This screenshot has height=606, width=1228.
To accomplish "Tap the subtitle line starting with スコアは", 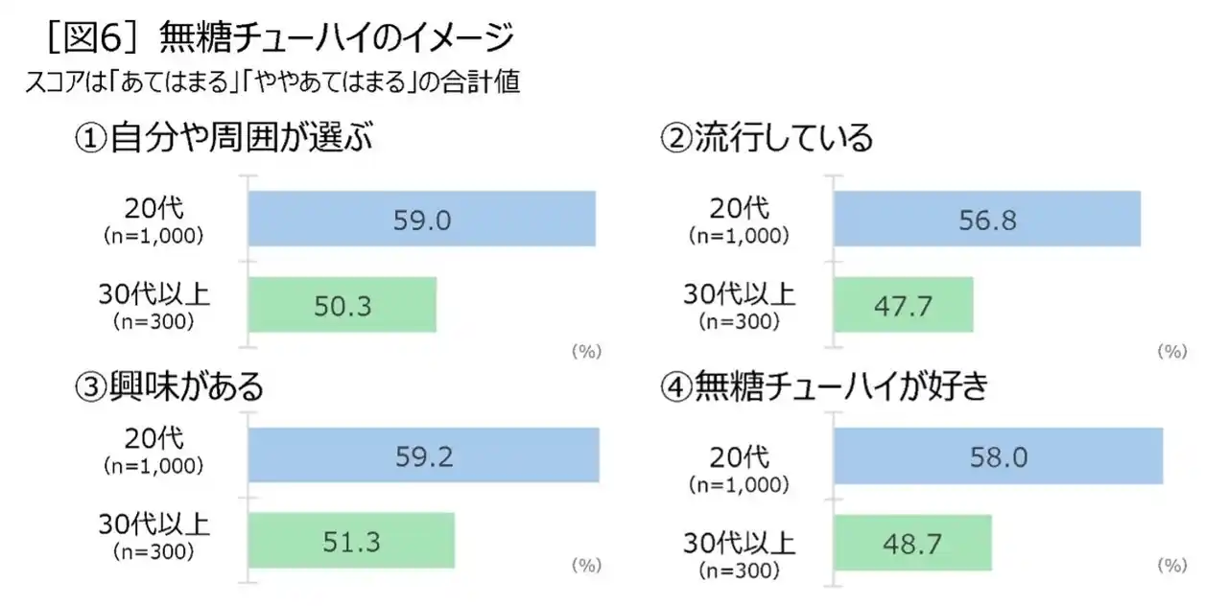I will pos(273,83).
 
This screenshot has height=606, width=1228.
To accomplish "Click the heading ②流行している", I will pos(767,139).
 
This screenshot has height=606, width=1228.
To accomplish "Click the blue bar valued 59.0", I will pos(421,220).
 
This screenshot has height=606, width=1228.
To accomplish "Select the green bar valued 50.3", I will pos(342,305).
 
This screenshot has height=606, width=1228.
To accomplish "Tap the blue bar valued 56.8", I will pos(986,220).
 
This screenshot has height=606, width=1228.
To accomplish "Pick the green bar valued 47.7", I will pos(903,305).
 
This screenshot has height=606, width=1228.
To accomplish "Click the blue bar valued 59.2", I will pos(423,455).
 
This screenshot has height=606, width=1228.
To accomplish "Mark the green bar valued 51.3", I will pos(351,541).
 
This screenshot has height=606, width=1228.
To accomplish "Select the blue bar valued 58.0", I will pos(998,456).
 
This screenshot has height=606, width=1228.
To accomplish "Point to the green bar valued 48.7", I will pos(911,543).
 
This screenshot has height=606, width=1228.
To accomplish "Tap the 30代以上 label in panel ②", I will pos(740,292).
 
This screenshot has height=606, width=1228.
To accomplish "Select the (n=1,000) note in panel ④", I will pos(740,485).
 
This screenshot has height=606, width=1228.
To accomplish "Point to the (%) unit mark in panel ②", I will pos(1172,352).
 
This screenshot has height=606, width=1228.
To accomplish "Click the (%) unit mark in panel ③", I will pos(586,566).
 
